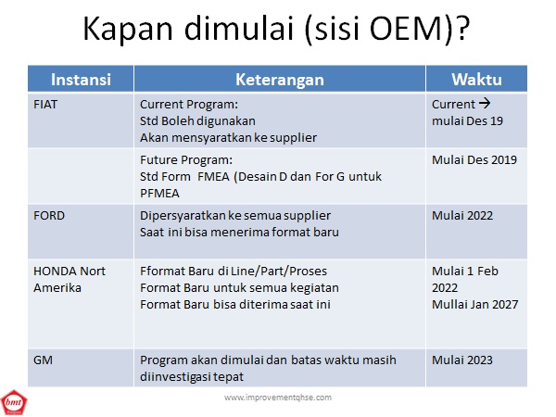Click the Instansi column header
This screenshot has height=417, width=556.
tap(81, 80)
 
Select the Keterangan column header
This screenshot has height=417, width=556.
tap(280, 80)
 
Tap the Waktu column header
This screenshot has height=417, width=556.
tap(476, 80)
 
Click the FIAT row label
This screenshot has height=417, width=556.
tap(45, 105)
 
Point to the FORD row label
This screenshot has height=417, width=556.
tap(49, 216)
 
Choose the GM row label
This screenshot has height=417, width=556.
tap(43, 360)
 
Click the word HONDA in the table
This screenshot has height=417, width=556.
tap(55, 272)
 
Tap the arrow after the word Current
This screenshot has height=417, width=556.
tap(485, 104)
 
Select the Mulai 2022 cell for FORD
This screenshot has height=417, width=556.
tap(462, 216)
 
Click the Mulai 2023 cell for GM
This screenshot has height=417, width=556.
tap(462, 360)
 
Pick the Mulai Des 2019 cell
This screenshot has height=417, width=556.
tap(474, 160)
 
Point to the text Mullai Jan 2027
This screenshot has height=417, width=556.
tap(475, 304)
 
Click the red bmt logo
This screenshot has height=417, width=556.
tap(14, 402)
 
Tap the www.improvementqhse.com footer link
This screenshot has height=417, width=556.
tap(278, 398)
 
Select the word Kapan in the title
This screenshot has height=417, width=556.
tap(128, 29)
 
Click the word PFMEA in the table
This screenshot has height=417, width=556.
tap(159, 194)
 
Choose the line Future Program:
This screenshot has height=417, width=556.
tap(186, 160)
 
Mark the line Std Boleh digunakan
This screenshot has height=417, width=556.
tap(197, 121)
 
